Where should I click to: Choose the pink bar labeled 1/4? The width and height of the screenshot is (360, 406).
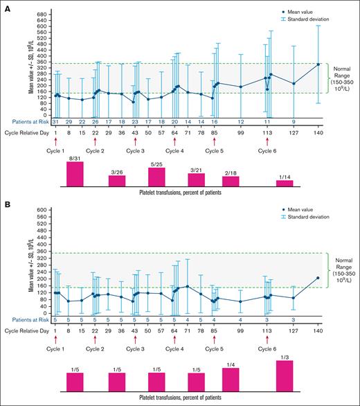click(x=230, y=380)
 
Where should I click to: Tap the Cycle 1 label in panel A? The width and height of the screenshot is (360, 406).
click(x=55, y=150)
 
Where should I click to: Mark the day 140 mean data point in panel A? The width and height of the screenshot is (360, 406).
click(x=318, y=64)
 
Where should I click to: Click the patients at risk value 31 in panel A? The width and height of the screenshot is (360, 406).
click(x=55, y=121)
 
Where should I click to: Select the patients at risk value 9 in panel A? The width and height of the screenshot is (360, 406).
click(x=294, y=121)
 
